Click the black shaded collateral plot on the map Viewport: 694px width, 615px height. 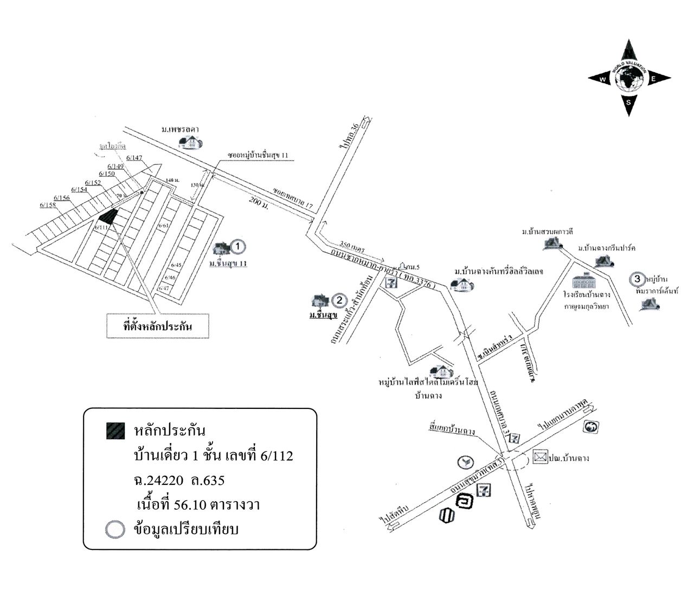pyautogui.click(x=108, y=217)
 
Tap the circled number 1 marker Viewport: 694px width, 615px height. pyautogui.click(x=237, y=247)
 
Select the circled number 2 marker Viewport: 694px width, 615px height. pyautogui.click(x=339, y=300)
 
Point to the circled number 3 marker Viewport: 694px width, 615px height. pyautogui.click(x=638, y=279)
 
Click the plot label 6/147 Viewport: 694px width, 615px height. pyautogui.click(x=134, y=158)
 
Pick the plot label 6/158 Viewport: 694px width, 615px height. pyautogui.click(x=48, y=205)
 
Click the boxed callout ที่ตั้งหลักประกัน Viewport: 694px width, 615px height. pyautogui.click(x=158, y=326)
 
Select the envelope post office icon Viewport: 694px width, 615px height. pyautogui.click(x=540, y=457)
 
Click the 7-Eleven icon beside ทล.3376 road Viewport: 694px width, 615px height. pyautogui.click(x=390, y=281)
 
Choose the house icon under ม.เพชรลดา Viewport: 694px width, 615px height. pyautogui.click(x=190, y=142)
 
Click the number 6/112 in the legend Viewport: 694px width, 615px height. pyautogui.click(x=277, y=456)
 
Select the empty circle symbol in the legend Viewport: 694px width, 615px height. pyautogui.click(x=115, y=530)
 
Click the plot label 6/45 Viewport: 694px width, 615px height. pyautogui.click(x=176, y=265)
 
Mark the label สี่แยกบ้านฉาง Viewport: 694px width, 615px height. pyautogui.click(x=451, y=432)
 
